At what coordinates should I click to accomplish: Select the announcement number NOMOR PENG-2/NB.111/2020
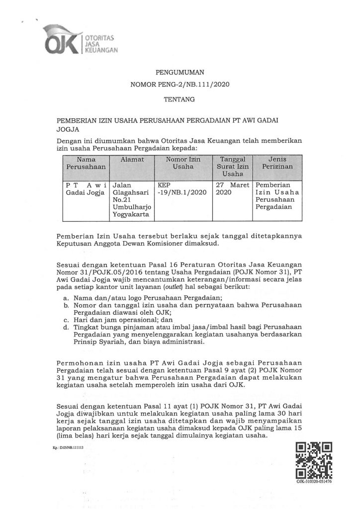point(180,86)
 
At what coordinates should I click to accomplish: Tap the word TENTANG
point(180,99)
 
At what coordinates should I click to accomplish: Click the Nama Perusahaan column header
point(83,163)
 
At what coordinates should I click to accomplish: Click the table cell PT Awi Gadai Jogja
point(83,188)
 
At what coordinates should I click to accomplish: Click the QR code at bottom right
point(314,460)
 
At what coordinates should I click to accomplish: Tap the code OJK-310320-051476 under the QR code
point(314,482)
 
